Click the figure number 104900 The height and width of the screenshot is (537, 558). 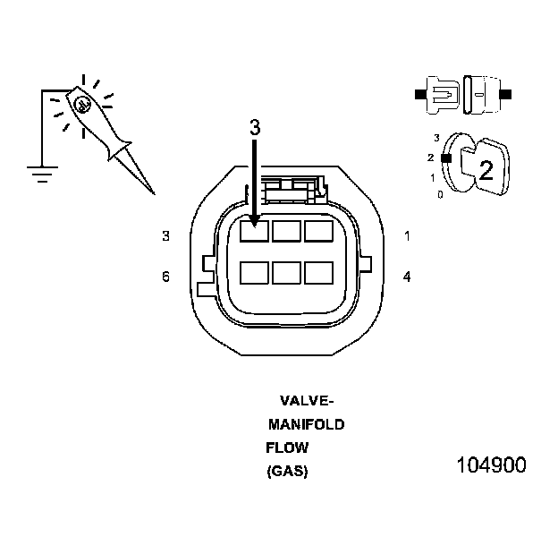491,465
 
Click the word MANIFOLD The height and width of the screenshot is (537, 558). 306,424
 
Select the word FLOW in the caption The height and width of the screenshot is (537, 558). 286,447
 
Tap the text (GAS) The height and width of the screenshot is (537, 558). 287,472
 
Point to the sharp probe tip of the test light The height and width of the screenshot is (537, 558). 152,192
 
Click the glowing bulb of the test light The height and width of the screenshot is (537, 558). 82,105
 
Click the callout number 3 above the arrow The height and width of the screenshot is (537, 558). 255,128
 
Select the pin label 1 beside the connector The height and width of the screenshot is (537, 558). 407,236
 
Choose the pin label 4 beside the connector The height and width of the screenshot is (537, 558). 407,277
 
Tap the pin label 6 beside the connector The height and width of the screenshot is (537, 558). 165,277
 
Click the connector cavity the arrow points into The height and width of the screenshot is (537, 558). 254,232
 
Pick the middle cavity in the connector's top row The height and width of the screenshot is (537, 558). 286,232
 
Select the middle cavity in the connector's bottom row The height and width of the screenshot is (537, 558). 286,272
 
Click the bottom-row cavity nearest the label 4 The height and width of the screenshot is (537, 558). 318,272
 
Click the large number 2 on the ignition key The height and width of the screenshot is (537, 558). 486,169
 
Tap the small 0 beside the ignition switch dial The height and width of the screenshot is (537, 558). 439,193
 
